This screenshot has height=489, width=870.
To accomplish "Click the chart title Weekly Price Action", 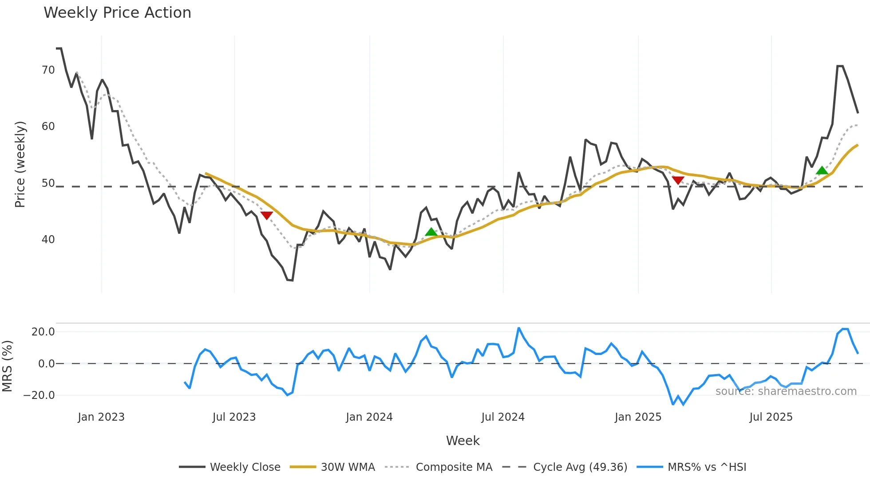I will point(117,13).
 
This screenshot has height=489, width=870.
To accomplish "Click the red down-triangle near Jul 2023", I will point(266,216).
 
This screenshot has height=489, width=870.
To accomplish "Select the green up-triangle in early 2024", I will point(431,232).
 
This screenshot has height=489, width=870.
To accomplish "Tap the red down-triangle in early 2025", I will point(678,180).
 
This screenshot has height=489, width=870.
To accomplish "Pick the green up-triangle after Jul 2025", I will point(822,170).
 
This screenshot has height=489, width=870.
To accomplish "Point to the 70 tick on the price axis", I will point(48,70).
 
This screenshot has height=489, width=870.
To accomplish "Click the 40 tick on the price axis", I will point(48,240).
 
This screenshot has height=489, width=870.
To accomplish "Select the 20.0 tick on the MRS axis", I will point(43,332).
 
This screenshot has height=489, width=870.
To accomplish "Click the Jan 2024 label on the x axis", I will point(369,417).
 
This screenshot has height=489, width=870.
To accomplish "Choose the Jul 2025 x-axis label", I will point(771,417).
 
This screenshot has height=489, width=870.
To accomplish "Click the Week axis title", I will point(463,441).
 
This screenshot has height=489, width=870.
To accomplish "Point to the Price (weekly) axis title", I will point(20,164).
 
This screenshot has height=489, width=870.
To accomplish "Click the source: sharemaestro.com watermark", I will point(786,391).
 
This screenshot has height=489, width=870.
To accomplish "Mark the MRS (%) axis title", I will point(8,366).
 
